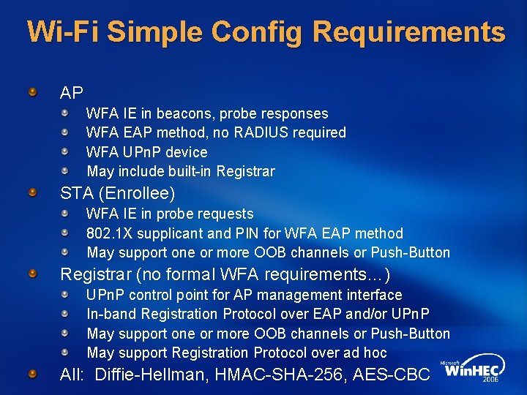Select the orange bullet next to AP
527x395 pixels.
pyautogui.click(x=33, y=93)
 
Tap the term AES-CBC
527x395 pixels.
pyautogui.click(x=392, y=375)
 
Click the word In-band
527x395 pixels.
pyautogui.click(x=112, y=314)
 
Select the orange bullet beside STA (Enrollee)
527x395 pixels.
pyautogui.click(x=33, y=194)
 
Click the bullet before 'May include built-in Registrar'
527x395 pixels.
pyautogui.click(x=64, y=170)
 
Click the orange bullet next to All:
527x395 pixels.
pyautogui.click(x=33, y=375)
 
